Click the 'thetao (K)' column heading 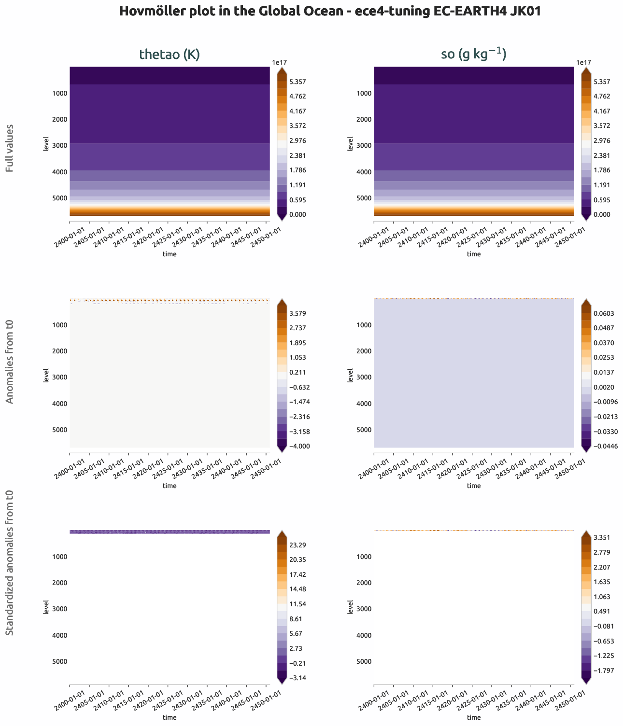click(170, 55)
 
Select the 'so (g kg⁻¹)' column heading click(473, 55)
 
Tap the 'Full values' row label click(10, 148)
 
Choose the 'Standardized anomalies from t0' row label click(10, 562)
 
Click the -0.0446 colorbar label click(602, 446)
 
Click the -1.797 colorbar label click(600, 670)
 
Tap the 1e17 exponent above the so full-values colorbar click(583, 62)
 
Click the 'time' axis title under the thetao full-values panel click(170, 254)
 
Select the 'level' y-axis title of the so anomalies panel click(350, 375)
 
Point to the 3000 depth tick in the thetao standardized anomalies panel click(60, 609)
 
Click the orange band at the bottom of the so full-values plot click(473, 211)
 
